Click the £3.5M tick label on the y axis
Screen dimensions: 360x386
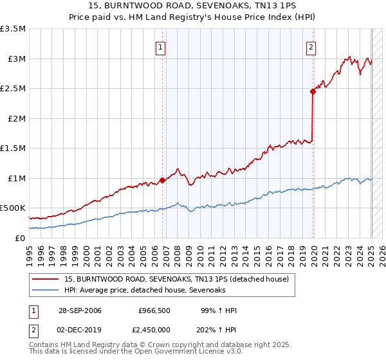[13, 29]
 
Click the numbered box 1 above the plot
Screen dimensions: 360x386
[160, 46]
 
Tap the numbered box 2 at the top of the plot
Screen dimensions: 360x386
[311, 46]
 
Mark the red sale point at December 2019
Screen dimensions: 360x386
[313, 92]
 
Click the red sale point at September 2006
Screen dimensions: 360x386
[162, 181]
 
